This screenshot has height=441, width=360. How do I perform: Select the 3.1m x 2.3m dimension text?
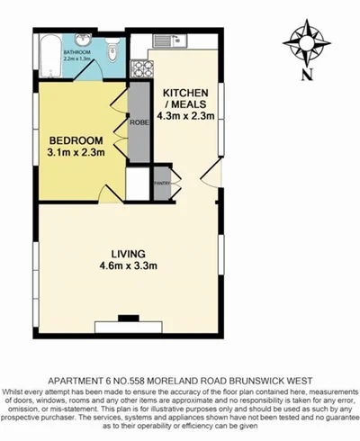point(76,155)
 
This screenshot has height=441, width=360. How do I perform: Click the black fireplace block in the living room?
point(130,317)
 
